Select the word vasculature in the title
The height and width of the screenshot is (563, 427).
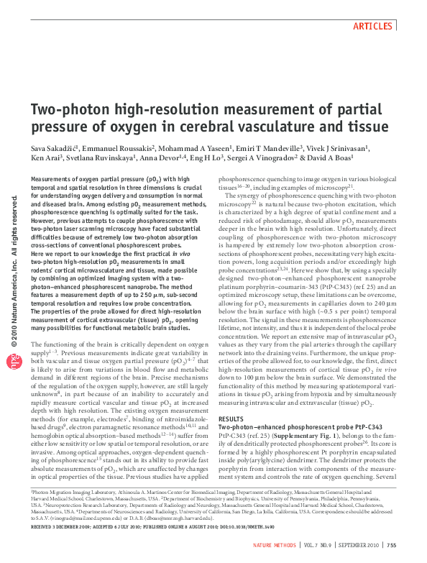coord(270,127)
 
